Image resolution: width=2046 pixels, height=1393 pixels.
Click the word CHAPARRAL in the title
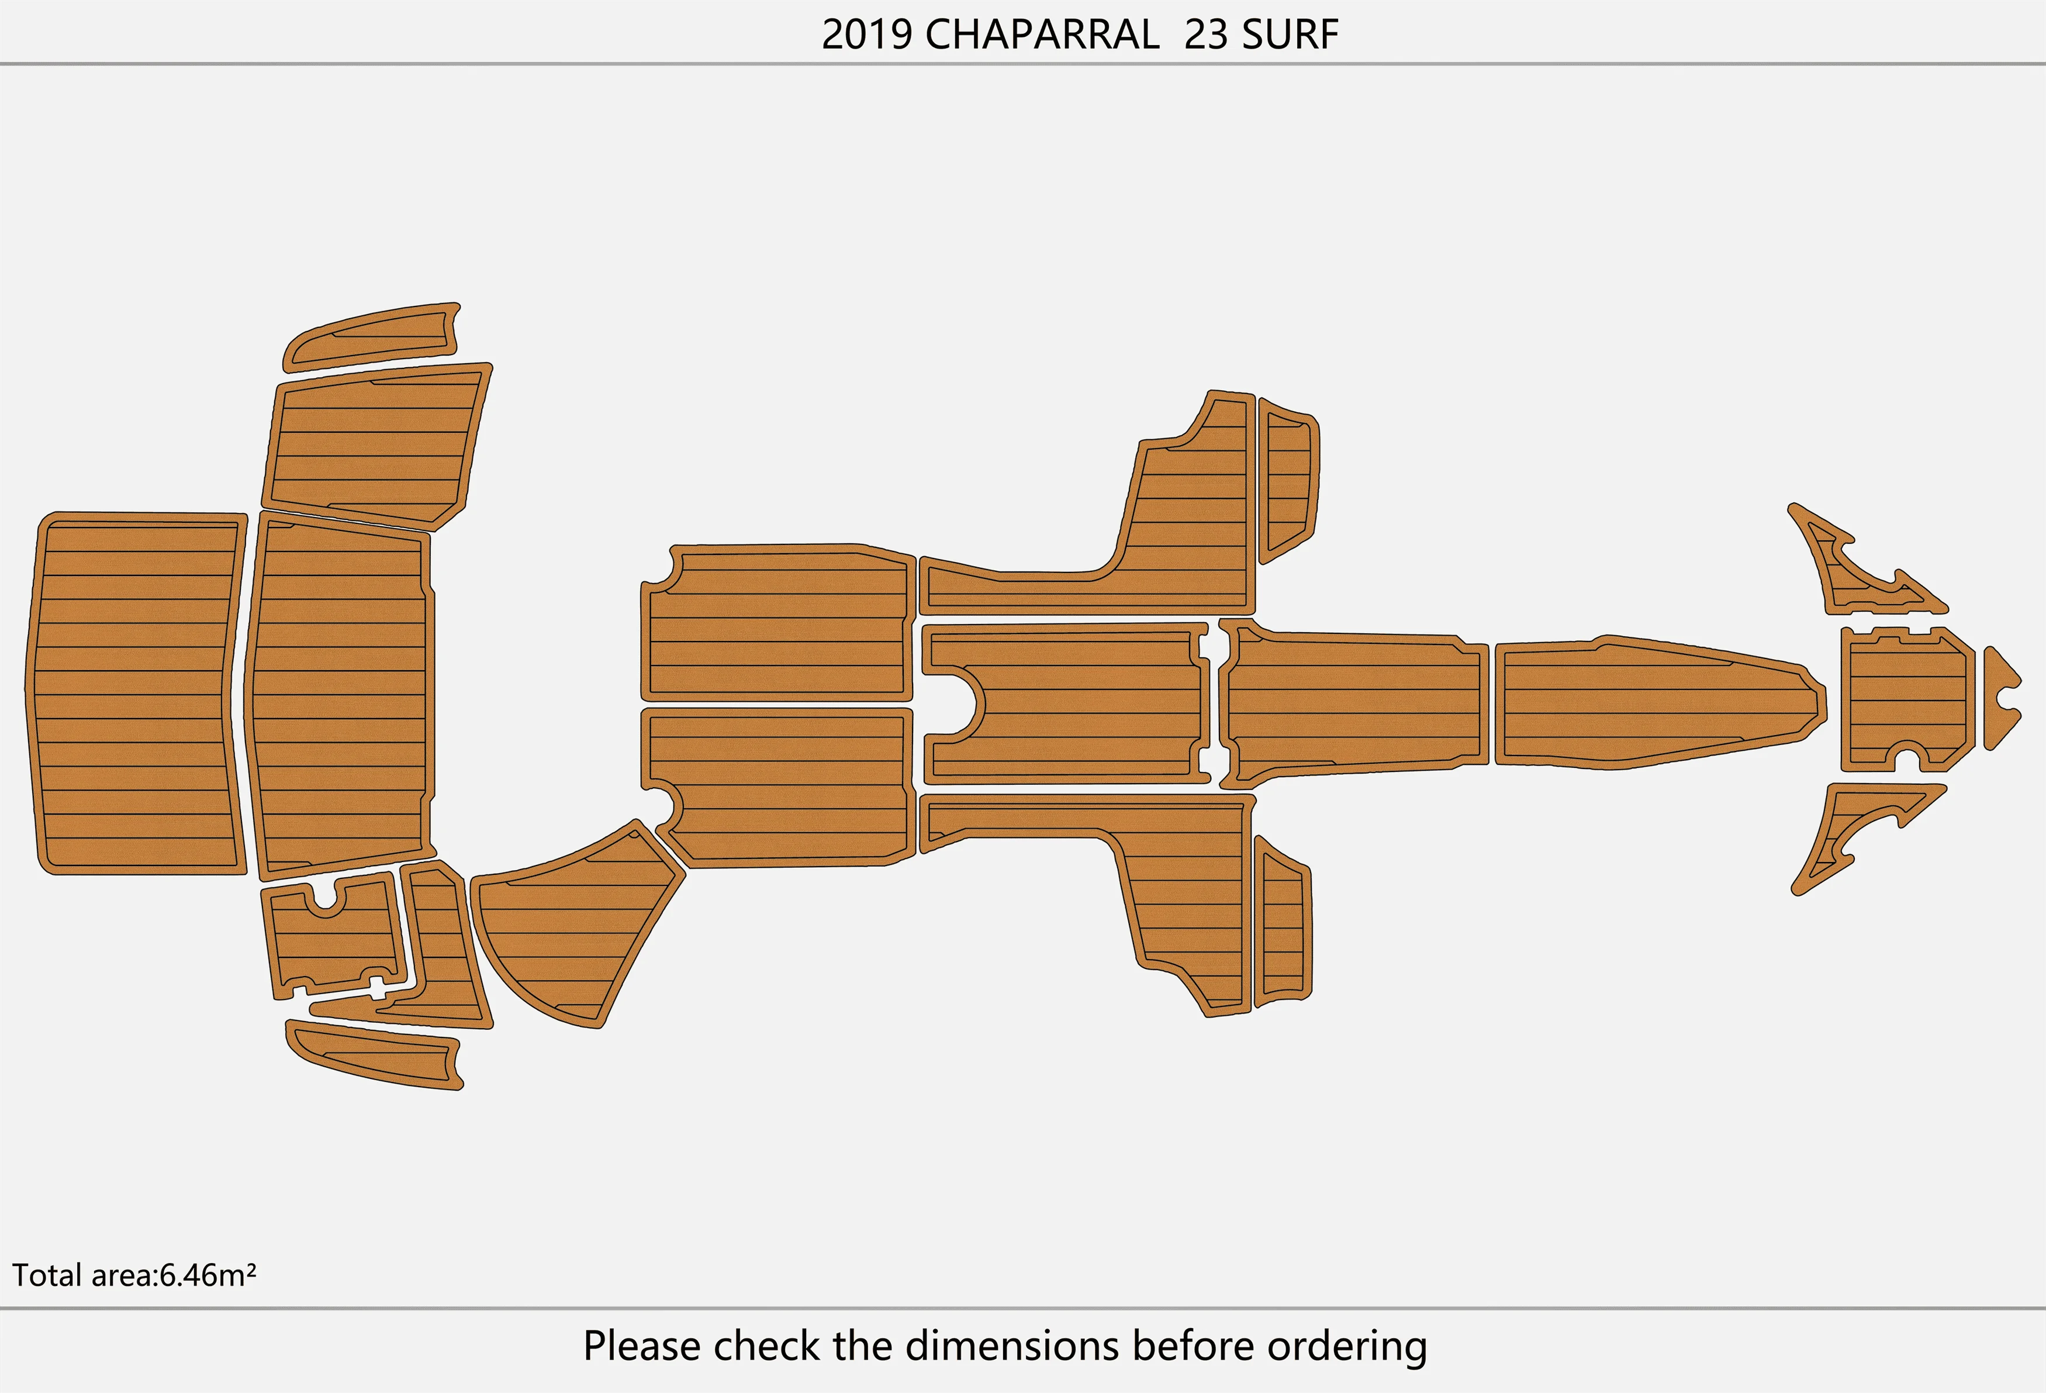(1042, 35)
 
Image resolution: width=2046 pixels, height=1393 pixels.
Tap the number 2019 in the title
(866, 35)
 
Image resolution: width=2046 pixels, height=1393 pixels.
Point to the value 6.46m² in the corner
(208, 1275)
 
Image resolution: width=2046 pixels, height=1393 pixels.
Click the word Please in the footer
(642, 1346)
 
